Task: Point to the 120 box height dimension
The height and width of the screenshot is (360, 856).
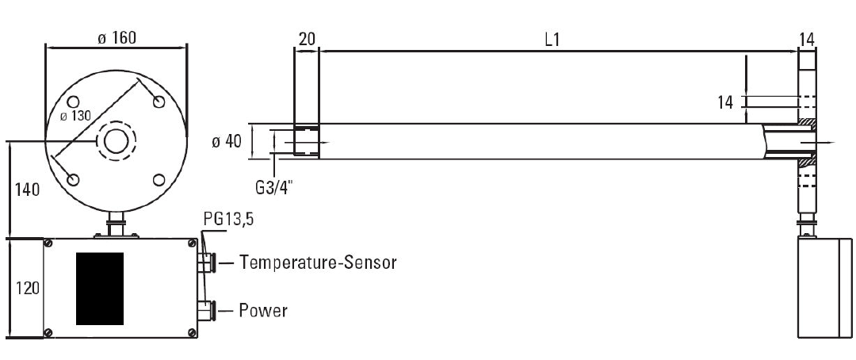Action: pos(26,287)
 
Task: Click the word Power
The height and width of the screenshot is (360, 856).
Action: pos(263,310)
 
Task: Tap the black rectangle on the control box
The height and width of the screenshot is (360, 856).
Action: pos(100,289)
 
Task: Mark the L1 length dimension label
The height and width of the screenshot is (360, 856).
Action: pos(552,40)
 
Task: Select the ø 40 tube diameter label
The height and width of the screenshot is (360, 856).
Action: pos(227,142)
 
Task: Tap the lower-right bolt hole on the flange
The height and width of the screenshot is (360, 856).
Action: pos(159,180)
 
